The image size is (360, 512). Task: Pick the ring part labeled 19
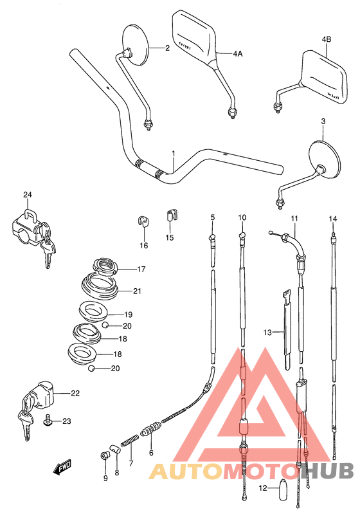[x=92, y=312]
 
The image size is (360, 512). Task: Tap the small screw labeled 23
[x=48, y=421]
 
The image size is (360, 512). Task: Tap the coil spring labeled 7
[x=130, y=443]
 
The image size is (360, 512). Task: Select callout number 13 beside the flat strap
[x=267, y=332]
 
